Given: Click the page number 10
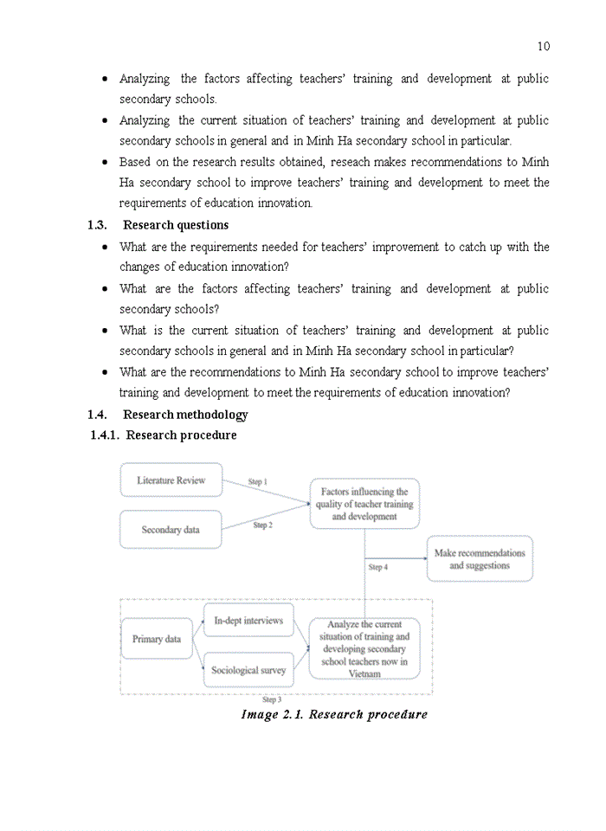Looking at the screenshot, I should click(543, 46).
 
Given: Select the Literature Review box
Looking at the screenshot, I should click(171, 480).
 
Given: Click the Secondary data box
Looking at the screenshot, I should click(171, 530).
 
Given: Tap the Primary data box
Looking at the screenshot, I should click(157, 639).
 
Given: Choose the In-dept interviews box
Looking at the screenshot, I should click(248, 621).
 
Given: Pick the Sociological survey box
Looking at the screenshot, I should click(248, 670).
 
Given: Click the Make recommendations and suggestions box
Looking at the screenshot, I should click(480, 559).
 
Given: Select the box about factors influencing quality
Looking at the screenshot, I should click(364, 504).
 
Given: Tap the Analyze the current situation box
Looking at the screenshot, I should click(364, 648).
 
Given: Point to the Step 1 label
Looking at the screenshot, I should click(258, 481).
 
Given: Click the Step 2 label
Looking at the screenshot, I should click(261, 525).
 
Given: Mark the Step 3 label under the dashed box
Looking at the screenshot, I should click(272, 699).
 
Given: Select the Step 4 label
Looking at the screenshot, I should click(378, 568).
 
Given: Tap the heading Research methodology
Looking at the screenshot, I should click(185, 415).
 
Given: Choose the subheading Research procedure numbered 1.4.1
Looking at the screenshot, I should click(181, 435).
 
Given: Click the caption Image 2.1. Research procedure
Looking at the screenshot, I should click(334, 715).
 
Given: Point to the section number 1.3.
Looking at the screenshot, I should click(97, 225).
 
